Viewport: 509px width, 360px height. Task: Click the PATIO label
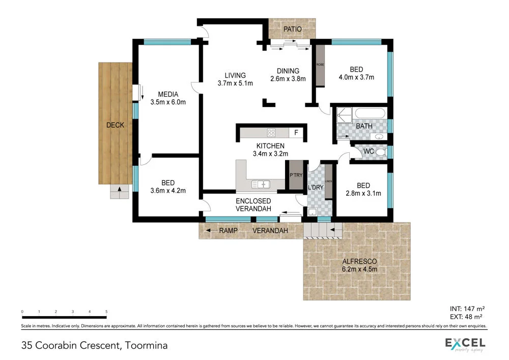pos(293,30)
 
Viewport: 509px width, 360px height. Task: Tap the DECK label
pos(115,125)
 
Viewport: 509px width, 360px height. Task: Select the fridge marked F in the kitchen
pos(297,133)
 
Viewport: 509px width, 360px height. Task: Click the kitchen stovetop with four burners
pos(271,133)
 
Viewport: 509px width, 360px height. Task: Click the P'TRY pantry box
pos(295,176)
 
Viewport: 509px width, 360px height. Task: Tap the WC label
pos(369,152)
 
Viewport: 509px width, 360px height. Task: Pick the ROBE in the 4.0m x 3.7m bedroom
pos(320,65)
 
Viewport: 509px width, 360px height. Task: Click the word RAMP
pos(229,231)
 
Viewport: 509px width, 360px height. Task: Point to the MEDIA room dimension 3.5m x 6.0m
pos(168,102)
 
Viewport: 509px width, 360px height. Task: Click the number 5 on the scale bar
pos(106,311)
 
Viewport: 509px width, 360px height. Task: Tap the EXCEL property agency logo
pos(465,344)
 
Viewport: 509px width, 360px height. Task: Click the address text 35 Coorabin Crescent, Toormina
pos(95,346)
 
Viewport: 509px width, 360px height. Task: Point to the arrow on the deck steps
pos(120,191)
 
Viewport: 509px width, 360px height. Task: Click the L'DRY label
pos(316,187)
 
